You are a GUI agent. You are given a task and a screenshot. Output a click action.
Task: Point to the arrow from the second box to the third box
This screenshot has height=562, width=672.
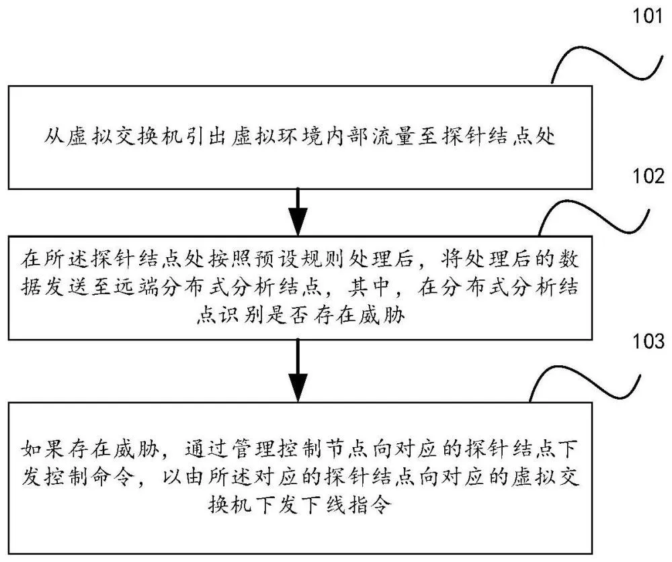[x=297, y=370]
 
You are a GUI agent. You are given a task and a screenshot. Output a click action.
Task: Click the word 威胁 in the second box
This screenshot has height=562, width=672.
[x=386, y=320]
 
